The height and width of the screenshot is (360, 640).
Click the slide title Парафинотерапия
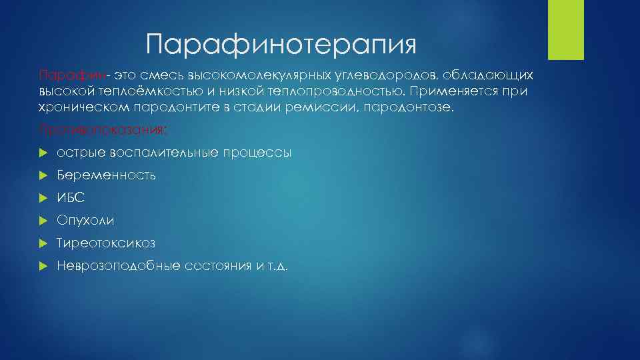click(281, 45)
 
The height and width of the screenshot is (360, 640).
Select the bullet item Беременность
click(107, 175)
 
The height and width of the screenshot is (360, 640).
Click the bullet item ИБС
click(71, 198)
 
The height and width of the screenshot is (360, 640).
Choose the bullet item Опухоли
click(85, 221)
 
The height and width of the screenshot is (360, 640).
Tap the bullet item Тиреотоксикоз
click(106, 243)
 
